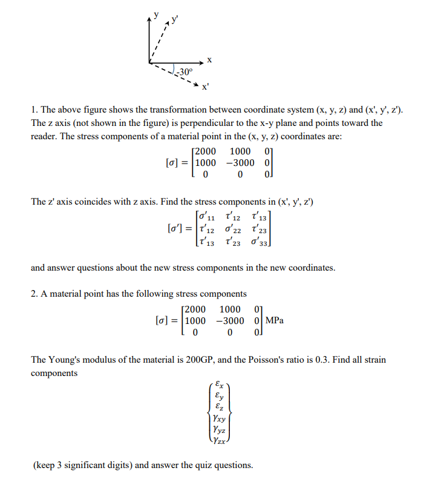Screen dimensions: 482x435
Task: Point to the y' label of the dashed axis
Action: (175, 18)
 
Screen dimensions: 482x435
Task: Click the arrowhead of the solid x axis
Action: (201, 61)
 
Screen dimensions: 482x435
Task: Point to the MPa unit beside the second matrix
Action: (273, 320)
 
